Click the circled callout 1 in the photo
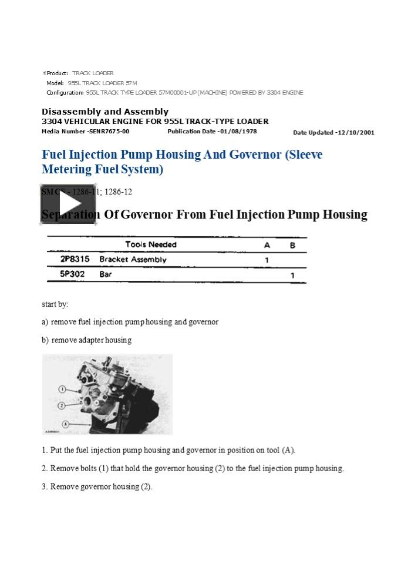tap(61, 389)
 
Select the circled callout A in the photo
tap(66, 424)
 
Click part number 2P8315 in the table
tap(75, 259)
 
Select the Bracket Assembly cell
tap(133, 259)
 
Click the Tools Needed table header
tap(151, 244)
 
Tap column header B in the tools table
tap(292, 245)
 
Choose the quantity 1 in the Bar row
tap(292, 274)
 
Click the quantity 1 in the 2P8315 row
tap(267, 260)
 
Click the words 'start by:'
tap(55, 304)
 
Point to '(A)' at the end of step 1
tap(288, 450)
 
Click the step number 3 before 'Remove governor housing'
tap(44, 486)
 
